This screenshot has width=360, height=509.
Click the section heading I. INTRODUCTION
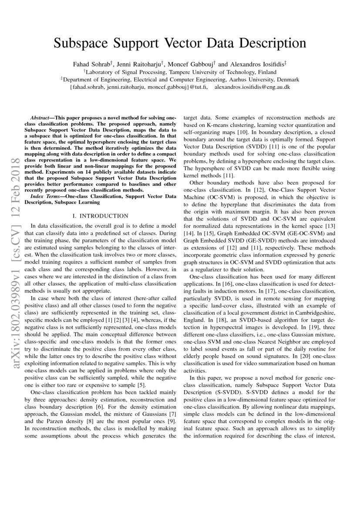point(101,216)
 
